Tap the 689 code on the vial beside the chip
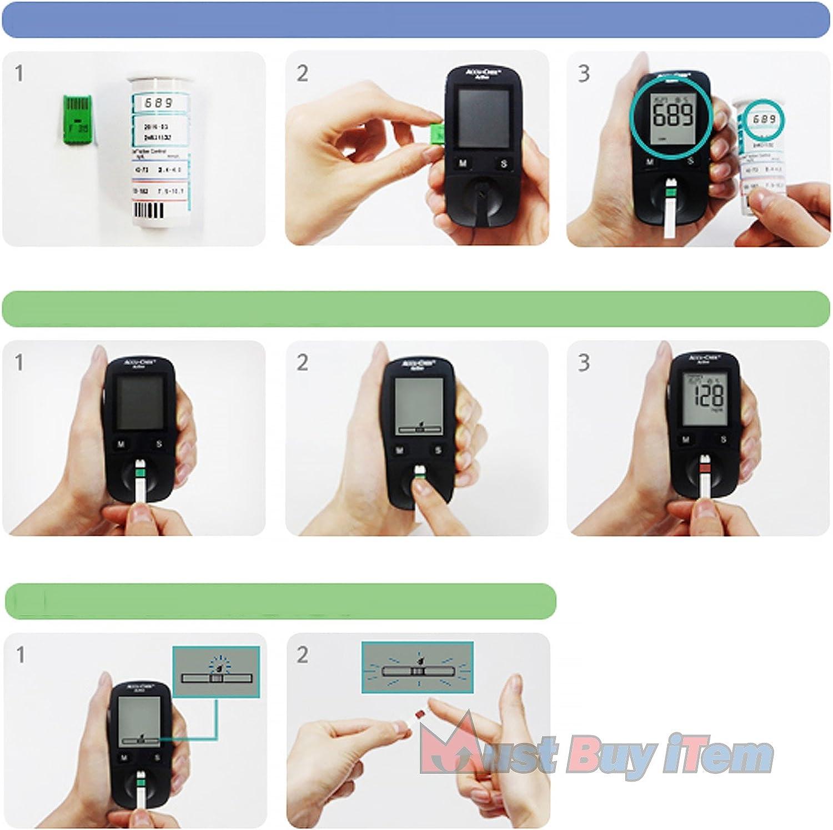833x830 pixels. pos(159,103)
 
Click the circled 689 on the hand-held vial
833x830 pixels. pos(764,119)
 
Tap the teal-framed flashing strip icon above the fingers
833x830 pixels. pos(417,668)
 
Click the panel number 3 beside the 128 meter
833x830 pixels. pos(584,363)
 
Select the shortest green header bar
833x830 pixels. pos(280,601)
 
